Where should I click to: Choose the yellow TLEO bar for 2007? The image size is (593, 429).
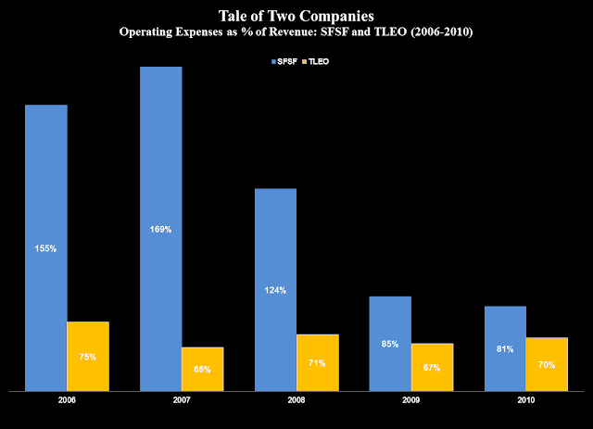[202, 370]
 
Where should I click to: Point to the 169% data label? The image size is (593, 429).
[160, 230]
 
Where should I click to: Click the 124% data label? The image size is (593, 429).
[275, 290]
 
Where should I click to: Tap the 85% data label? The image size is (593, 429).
[389, 345]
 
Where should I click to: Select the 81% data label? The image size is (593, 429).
[504, 349]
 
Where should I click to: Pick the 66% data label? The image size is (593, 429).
[202, 370]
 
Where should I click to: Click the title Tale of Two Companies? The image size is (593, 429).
[296, 17]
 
